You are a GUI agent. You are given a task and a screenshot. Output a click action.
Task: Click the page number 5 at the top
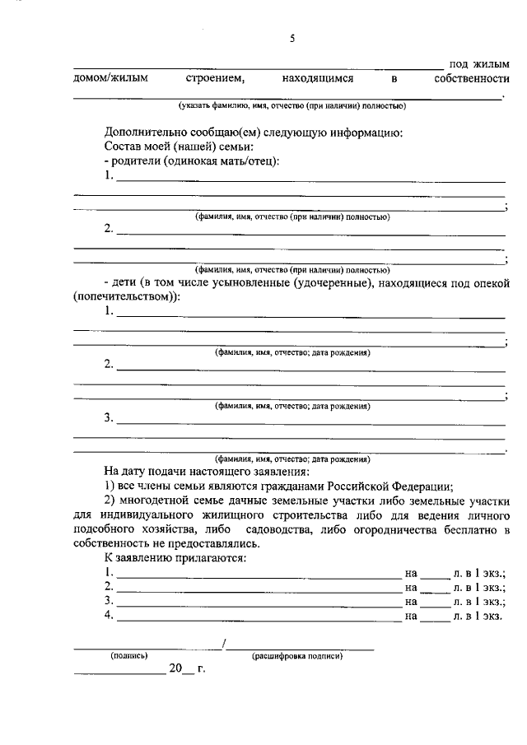pyautogui.click(x=291, y=37)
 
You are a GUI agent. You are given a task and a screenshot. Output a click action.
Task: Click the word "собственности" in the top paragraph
pyautogui.click(x=471, y=78)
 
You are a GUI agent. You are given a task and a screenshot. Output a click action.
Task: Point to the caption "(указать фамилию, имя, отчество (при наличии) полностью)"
pyautogui.click(x=291, y=105)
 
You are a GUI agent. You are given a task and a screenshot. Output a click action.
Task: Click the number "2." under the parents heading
pyautogui.click(x=110, y=228)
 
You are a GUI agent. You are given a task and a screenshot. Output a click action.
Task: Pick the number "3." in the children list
pyautogui.click(x=110, y=417)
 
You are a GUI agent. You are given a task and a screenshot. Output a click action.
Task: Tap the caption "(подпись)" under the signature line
pyautogui.click(x=128, y=656)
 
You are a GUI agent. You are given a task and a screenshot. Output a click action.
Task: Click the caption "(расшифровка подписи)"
pyautogui.click(x=297, y=656)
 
